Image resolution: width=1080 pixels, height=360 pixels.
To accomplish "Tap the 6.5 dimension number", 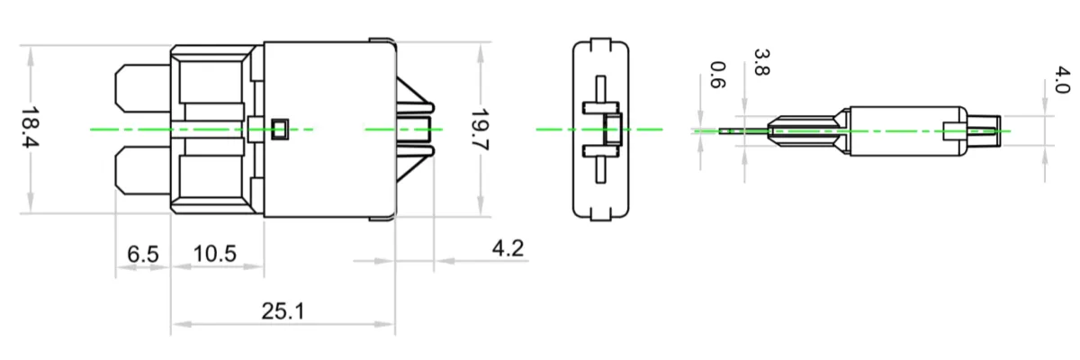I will coord(142,254).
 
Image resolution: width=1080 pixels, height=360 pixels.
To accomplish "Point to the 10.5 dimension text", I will coord(215,254).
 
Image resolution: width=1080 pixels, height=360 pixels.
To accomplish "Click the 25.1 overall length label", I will coord(283,311).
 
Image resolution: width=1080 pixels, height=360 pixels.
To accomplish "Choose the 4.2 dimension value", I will coord(508,248).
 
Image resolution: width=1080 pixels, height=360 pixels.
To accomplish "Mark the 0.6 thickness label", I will coord(717,76).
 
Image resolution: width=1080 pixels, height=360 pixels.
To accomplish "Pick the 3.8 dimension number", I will coord(760,63).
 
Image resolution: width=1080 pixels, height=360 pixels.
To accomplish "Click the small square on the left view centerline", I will coord(280,130).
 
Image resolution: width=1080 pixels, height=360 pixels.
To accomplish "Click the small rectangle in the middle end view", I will coord(613,130).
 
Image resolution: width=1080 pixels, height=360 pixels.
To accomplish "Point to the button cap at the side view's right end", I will coord(985,130).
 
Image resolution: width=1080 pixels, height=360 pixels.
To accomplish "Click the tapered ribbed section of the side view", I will coord(805,130).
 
